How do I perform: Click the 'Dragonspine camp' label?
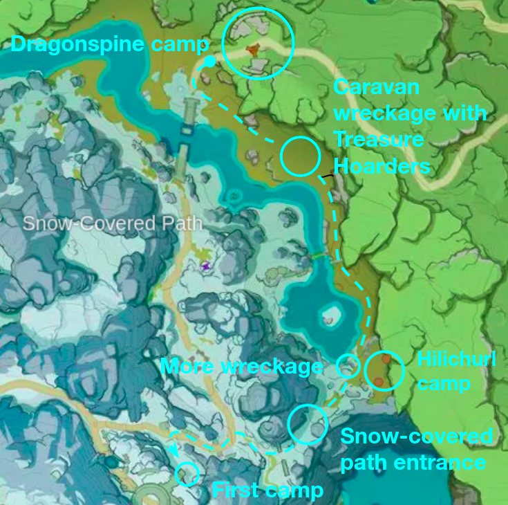110,45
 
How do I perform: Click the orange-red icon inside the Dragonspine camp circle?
254,49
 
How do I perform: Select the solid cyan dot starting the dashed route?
209,62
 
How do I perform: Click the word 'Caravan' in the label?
377,87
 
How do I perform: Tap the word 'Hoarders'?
382,166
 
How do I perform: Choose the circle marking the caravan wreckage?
301,156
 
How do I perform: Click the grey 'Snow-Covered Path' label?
113,223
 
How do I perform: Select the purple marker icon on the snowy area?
205,266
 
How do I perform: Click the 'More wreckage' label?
242,367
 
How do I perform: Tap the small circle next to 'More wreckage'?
348,365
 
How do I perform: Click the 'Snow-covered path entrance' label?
416,449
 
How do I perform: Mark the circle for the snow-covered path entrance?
308,424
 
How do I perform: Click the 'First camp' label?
267,490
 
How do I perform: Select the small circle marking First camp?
187,474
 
